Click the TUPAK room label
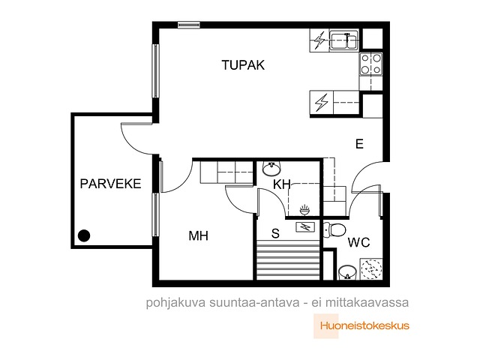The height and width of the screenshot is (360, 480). [x=243, y=65]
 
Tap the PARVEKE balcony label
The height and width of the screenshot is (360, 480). [x=110, y=184]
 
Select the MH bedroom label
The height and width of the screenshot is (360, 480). [x=198, y=235]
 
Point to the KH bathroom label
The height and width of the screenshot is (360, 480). [x=282, y=184]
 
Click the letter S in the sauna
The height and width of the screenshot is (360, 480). [x=275, y=233]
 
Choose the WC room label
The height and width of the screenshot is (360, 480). [x=358, y=242]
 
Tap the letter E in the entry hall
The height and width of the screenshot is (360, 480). [x=359, y=143]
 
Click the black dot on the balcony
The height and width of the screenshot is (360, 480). [x=84, y=235]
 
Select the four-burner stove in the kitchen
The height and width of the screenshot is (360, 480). [x=371, y=64]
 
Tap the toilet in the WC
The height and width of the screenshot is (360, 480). [x=334, y=230]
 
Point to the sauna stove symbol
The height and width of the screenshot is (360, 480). [x=305, y=226]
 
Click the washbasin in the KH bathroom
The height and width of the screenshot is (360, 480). [x=271, y=169]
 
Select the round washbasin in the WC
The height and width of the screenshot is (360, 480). [x=348, y=272]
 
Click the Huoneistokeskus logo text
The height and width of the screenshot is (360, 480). [x=364, y=325]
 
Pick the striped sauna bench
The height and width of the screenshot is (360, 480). [x=288, y=260]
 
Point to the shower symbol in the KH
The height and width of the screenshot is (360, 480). [x=304, y=210]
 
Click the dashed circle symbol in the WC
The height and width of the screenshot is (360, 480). [x=372, y=269]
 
